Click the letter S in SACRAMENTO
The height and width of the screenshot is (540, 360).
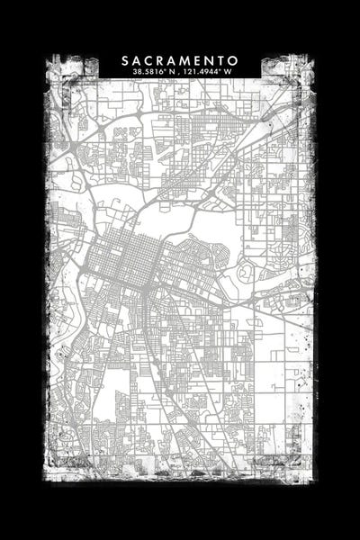pos(126,60)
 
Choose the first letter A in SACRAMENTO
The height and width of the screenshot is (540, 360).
pos(138,60)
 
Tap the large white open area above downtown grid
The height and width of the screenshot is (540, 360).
pos(166,220)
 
